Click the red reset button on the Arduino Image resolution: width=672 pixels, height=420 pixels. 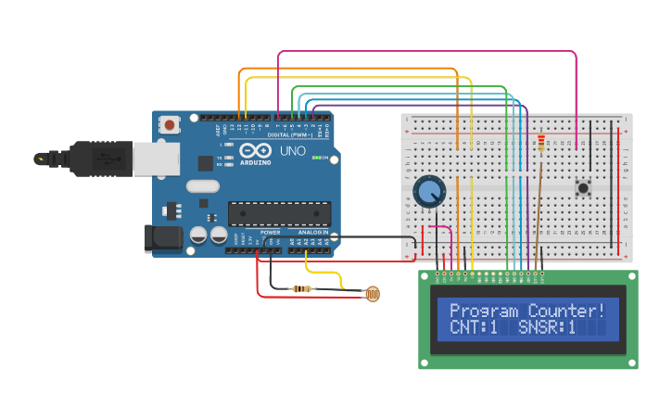click(x=170, y=123)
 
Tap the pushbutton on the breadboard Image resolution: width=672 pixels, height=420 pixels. click(x=583, y=188)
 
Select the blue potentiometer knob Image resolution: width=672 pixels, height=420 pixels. click(x=429, y=192)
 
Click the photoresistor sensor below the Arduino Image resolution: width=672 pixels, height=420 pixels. click(x=372, y=295)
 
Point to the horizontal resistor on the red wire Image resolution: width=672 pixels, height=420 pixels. click(x=301, y=289)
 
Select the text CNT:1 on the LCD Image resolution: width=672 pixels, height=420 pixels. click(x=474, y=328)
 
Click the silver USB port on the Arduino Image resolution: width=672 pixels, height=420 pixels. click(x=156, y=159)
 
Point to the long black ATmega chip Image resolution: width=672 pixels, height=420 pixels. click(x=279, y=213)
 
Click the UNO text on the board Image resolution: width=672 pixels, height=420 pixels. click(x=293, y=150)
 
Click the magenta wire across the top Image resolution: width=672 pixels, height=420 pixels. click(x=426, y=52)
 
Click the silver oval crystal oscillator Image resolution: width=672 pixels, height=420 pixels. click(x=202, y=185)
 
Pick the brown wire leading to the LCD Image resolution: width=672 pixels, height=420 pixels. click(x=537, y=213)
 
